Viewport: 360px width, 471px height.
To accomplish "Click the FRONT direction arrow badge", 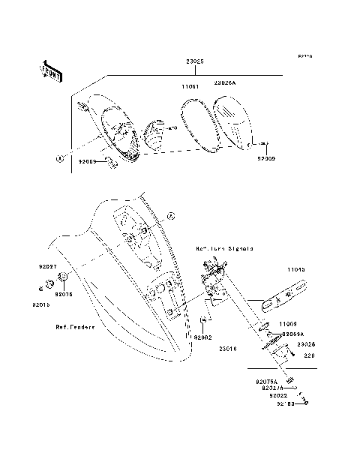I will (51, 71).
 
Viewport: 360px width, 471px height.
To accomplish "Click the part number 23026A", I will (224, 83).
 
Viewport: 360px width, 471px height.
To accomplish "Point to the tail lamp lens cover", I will (230, 124).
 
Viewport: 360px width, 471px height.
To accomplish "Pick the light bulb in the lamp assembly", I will (154, 134).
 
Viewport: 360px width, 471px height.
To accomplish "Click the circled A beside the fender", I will (169, 216).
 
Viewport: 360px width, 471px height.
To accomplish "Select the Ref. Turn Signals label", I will (224, 247).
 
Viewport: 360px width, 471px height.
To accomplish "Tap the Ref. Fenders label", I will (73, 327).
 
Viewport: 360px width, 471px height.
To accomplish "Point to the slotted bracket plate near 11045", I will (284, 295).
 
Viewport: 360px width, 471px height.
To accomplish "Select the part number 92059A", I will (291, 332).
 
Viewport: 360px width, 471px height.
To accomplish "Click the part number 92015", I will (41, 304).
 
